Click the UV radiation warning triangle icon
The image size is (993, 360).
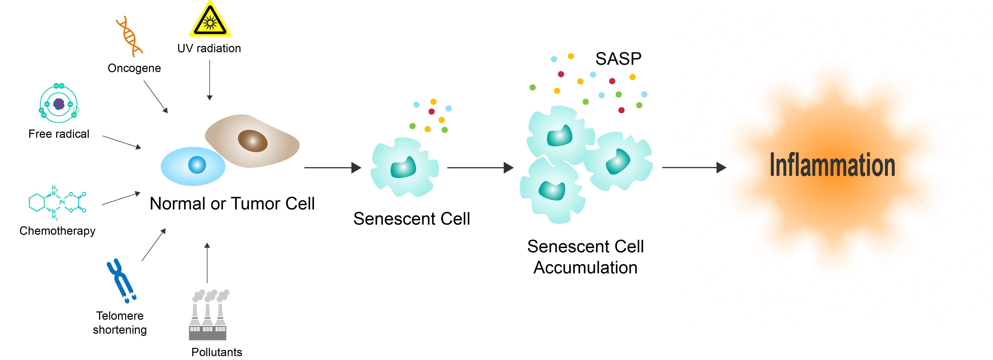[210, 21]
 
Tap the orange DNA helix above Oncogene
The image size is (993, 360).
[129, 37]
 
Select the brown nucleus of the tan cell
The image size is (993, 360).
[252, 141]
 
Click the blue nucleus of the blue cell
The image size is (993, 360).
[197, 165]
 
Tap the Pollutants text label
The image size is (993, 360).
[217, 352]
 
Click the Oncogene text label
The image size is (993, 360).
[134, 68]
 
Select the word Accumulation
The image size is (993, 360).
[585, 268]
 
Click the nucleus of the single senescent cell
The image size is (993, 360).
[404, 168]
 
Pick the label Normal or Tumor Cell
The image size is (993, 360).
[232, 204]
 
